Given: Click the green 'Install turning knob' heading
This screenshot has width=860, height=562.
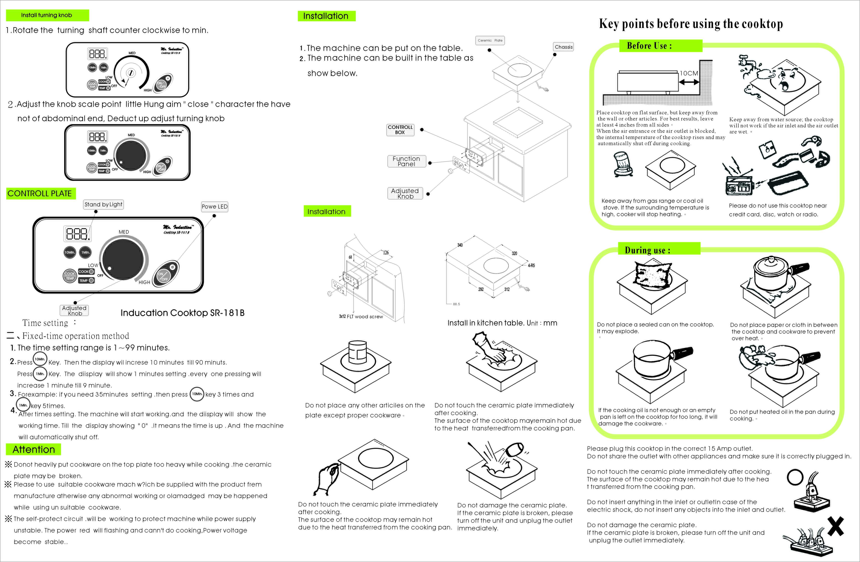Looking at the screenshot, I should tap(47, 15).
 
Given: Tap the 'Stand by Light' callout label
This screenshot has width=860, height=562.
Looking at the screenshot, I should tap(103, 205).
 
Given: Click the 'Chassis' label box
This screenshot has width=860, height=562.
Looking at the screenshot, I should tap(563, 47).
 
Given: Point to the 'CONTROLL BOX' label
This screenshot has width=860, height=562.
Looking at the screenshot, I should tap(400, 130).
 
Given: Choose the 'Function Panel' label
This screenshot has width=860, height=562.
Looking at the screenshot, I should tap(406, 161).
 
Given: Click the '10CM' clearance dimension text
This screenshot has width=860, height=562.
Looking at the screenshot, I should tap(689, 73).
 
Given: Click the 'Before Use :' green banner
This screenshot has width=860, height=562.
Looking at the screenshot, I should tap(649, 46).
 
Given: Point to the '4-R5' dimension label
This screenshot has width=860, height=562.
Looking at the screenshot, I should tap(531, 265).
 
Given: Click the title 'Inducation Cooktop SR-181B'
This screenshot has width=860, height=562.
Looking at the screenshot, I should tap(182, 313).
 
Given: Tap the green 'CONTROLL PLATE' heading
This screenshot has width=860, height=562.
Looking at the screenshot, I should tap(40, 194).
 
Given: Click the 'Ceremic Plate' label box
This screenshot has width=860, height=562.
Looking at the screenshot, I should tap(490, 40).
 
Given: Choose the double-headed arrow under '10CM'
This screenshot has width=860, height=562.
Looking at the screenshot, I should tap(689, 82).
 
